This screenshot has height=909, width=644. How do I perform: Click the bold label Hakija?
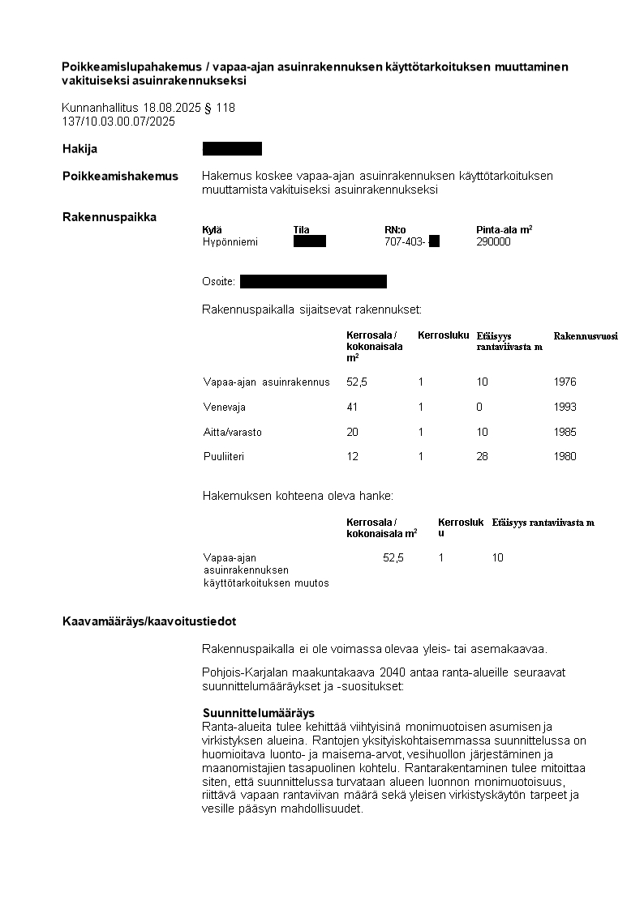coord(79,149)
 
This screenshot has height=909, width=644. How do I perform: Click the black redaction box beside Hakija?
coord(232,148)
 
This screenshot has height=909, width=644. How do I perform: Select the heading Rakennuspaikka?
coord(109,216)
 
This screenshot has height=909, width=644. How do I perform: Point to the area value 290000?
coord(493,241)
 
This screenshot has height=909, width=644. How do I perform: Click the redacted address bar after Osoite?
coord(313,281)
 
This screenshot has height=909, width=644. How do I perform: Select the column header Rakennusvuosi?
coord(585,335)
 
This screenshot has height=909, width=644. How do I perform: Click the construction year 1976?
coord(565,382)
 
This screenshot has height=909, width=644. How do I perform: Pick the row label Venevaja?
coord(224,407)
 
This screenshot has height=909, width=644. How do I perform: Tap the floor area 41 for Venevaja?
coord(352,407)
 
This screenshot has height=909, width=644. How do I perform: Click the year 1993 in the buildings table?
coord(565,407)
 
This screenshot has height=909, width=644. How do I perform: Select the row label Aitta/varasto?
coord(233,432)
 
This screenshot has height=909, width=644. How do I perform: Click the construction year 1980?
coord(565,456)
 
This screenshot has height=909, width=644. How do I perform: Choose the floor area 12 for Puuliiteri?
coord(352,456)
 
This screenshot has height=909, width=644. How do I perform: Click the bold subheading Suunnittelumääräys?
coord(258,713)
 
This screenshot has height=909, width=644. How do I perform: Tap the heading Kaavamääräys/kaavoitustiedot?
coord(149,621)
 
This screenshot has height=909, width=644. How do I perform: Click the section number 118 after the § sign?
coord(225,108)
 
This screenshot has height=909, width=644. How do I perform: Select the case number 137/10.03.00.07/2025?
coord(118,122)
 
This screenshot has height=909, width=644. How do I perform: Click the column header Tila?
coord(301,229)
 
